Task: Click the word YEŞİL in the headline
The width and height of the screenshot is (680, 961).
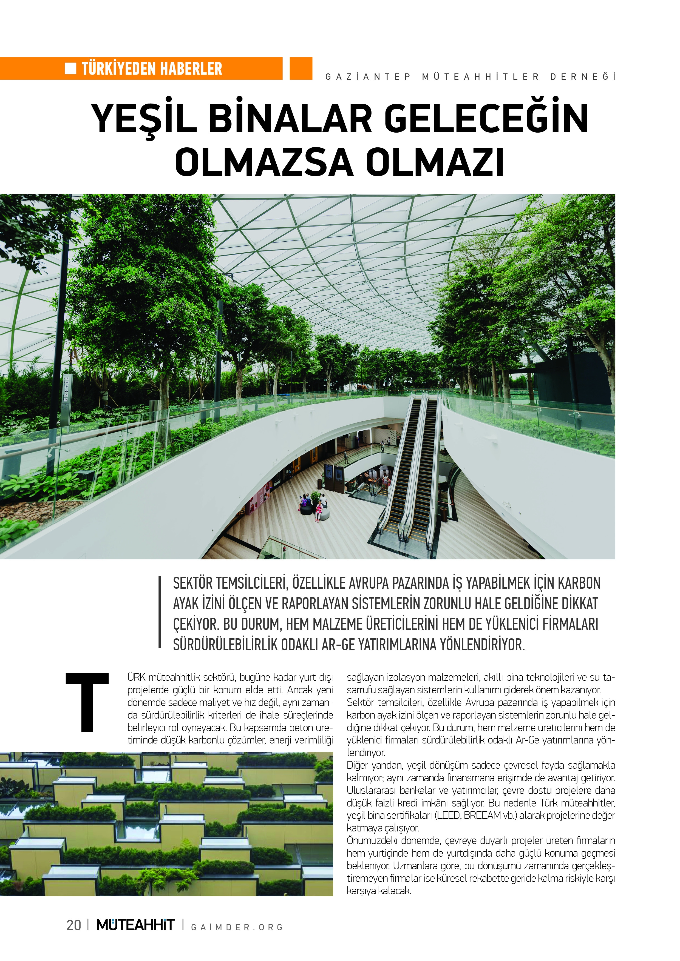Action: click(144, 119)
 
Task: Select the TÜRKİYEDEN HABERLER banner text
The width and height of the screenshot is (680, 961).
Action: click(152, 69)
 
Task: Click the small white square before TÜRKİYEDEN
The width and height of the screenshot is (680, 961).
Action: click(70, 68)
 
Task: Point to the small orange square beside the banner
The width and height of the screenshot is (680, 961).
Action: click(301, 68)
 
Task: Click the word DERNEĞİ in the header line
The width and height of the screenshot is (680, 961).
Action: click(582, 77)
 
